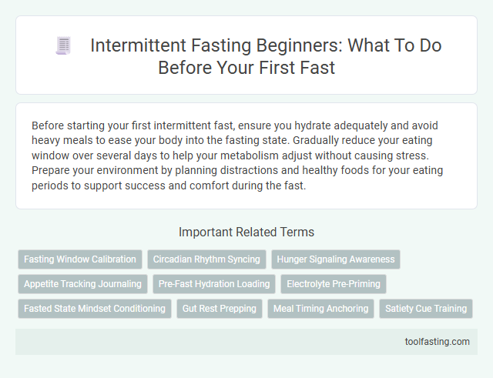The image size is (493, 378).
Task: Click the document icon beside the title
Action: (63, 46)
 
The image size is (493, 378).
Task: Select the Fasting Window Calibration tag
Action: (80, 259)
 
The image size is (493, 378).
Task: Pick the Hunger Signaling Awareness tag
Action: (336, 259)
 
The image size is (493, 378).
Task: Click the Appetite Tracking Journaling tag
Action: (82, 284)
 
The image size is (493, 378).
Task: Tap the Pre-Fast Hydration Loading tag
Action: (214, 284)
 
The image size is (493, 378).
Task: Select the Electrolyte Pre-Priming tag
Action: (334, 284)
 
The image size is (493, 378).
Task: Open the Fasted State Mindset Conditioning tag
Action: (95, 309)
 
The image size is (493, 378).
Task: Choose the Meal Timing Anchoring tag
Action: (320, 309)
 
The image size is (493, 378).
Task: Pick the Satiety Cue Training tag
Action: (426, 309)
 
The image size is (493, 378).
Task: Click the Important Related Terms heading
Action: (246, 232)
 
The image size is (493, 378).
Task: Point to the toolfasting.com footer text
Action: (437, 342)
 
